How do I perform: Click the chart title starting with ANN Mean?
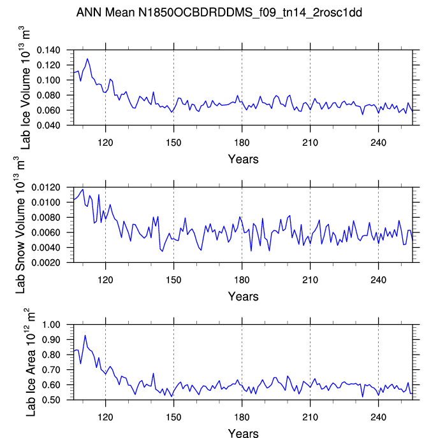[x=219, y=12]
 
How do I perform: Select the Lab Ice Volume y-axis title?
[x=26, y=87]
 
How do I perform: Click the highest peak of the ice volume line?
[x=87, y=59]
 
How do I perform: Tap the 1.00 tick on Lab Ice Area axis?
[x=57, y=325]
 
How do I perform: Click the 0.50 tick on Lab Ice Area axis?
[x=57, y=400]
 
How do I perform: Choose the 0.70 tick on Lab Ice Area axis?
[x=57, y=370]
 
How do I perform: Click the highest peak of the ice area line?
[x=85, y=335]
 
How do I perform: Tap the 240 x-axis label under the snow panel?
[x=378, y=277]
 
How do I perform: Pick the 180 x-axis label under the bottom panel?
[x=242, y=414]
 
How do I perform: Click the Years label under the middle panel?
[x=243, y=296]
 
